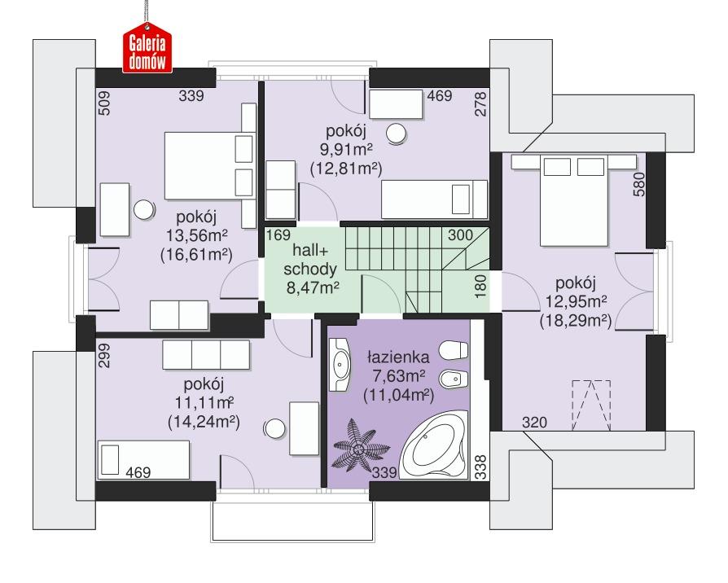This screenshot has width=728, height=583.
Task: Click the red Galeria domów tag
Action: pos(145,51)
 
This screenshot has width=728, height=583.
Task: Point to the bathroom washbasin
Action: pos(340,366)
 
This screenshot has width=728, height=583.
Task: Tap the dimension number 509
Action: pos(104,105)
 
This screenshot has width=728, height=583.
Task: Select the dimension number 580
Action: pos(640,186)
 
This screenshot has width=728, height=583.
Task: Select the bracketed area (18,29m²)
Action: pos(577,321)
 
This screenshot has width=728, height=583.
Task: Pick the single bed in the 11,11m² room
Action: pos(143,461)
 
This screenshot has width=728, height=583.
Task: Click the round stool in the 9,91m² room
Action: pos(397,134)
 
